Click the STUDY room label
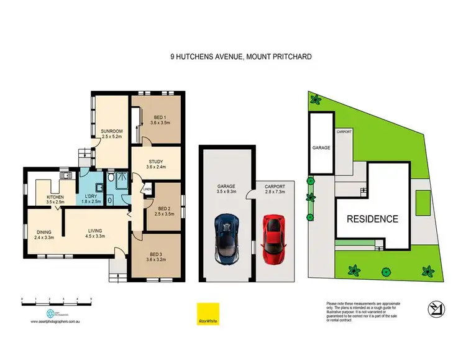coord(156,164)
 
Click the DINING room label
coord(43,233)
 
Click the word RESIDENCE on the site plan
coord(373,219)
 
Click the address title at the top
coord(232,55)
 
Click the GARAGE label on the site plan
coord(321,148)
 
